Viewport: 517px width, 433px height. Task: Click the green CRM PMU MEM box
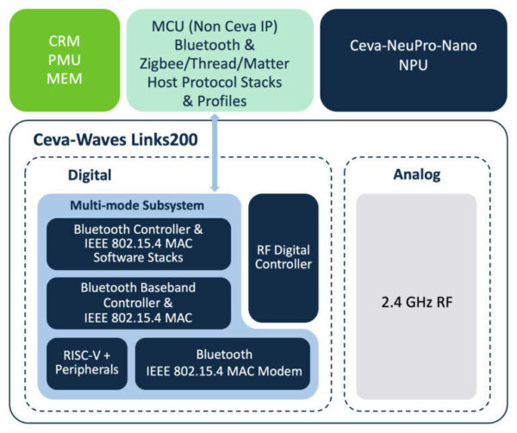pos(65,60)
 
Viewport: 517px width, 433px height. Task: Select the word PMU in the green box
pos(65,60)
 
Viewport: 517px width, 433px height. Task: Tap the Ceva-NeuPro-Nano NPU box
pos(414,60)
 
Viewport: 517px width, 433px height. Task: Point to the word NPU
pos(413,65)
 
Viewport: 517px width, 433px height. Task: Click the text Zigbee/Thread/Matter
pos(215,64)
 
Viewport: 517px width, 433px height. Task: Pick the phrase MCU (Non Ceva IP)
pos(215,27)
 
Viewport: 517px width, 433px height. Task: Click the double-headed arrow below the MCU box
pos(215,153)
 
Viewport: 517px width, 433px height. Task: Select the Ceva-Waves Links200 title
pos(115,140)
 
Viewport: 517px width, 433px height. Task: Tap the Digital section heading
pos(90,175)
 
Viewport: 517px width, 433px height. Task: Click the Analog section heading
pos(417,174)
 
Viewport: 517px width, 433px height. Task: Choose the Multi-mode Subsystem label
pos(137,205)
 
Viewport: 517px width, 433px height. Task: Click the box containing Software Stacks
pos(139,244)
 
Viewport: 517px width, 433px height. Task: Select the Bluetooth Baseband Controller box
pos(139,303)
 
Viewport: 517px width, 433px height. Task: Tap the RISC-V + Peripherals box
pos(87,364)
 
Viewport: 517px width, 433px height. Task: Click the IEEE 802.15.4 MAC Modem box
pos(222,364)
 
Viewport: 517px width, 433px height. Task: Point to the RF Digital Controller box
pos(283,258)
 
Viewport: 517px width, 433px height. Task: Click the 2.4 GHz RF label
pos(417,302)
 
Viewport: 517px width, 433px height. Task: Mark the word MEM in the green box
pos(65,78)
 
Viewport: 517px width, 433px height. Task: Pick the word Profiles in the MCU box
pos(222,101)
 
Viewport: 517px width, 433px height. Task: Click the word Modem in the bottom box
pos(280,371)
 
